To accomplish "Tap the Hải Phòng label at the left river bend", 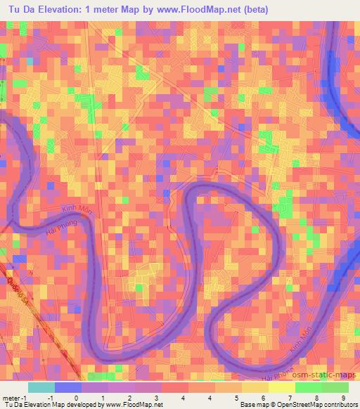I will (59, 228).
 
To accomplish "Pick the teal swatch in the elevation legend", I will (41, 387).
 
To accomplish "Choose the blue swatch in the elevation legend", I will (68, 387).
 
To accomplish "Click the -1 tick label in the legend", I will (50, 398).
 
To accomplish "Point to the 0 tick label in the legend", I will (76, 398).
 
